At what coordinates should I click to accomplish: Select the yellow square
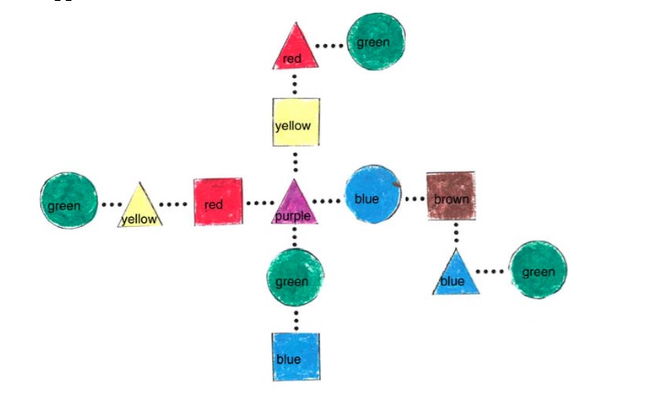[x=295, y=123]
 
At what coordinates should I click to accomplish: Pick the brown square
[x=451, y=196]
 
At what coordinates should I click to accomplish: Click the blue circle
[x=373, y=197]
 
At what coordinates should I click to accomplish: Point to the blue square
[x=295, y=357]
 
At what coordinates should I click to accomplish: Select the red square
[x=218, y=201]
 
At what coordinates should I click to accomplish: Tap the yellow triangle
[x=140, y=209]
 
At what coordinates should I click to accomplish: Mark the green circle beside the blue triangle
[x=537, y=270]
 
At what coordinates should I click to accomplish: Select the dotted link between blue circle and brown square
[x=415, y=199]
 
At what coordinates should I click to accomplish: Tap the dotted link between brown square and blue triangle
[x=454, y=234]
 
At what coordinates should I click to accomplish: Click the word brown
[x=451, y=199]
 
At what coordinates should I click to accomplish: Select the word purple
[x=293, y=217]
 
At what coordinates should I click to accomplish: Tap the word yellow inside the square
[x=293, y=126]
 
